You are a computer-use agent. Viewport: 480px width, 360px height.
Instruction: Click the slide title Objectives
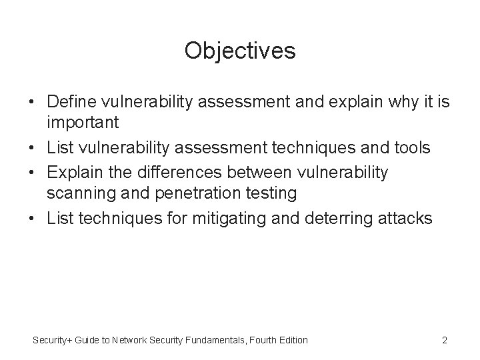pyautogui.click(x=240, y=51)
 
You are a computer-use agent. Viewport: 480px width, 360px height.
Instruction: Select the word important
pyautogui.click(x=83, y=123)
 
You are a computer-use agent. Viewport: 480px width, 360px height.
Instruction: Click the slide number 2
pyautogui.click(x=444, y=340)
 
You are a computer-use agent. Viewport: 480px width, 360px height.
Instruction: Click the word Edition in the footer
pyautogui.click(x=292, y=340)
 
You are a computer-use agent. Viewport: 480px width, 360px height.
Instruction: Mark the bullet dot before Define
pyautogui.click(x=31, y=103)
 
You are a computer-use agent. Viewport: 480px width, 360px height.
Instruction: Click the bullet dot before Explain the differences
pyautogui.click(x=31, y=173)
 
